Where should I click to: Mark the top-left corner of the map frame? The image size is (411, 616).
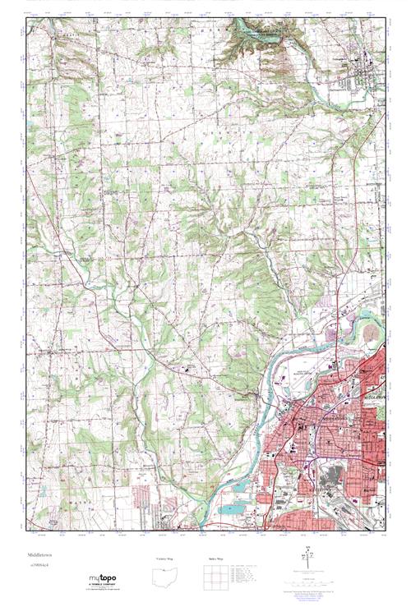tap(27, 18)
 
